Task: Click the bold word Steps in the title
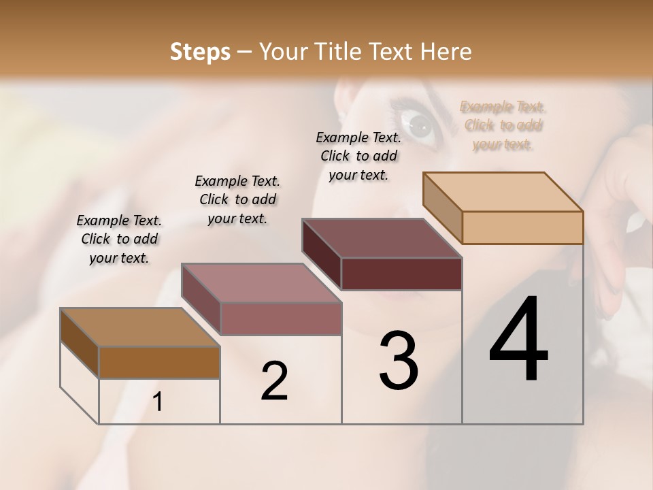click(200, 52)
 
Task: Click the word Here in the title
click(446, 52)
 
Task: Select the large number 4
click(518, 340)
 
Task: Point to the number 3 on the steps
click(399, 361)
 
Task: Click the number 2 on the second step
click(274, 381)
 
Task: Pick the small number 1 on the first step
click(158, 402)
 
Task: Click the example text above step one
click(119, 239)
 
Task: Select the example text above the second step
click(237, 199)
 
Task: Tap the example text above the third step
click(358, 156)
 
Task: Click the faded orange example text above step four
click(503, 125)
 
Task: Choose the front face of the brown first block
click(159, 362)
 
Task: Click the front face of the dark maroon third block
click(401, 274)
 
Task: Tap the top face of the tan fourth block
click(502, 191)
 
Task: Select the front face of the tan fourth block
click(522, 227)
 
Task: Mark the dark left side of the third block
click(321, 253)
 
